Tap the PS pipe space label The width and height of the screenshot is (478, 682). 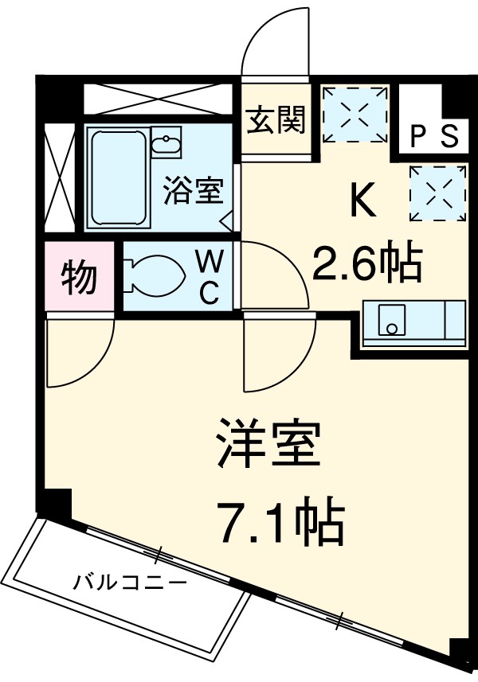coord(434,136)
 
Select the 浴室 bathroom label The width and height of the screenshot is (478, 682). coord(194,191)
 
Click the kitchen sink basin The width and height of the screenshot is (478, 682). coord(390,321)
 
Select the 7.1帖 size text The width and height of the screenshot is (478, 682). coord(280,521)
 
